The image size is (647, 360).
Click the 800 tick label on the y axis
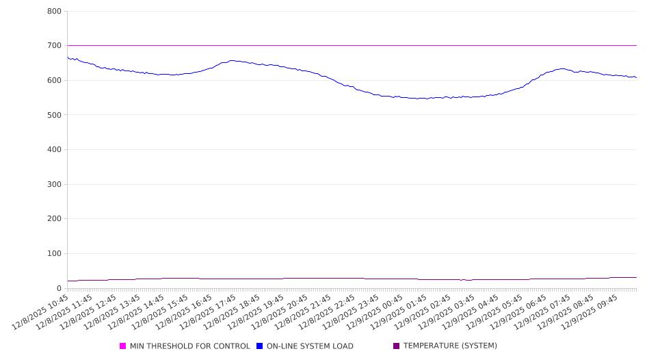55,12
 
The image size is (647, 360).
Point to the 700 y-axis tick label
55,46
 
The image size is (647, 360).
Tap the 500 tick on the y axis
55,115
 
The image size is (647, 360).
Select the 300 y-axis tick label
55,185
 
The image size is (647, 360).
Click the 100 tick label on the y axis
55,254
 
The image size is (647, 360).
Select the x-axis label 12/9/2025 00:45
373,312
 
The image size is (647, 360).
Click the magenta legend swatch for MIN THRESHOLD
123,346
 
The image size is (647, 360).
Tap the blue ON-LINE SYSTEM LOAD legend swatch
260,346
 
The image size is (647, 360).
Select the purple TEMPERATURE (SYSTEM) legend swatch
397,346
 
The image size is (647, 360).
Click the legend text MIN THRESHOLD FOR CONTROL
189,346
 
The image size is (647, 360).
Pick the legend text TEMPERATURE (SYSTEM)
449,346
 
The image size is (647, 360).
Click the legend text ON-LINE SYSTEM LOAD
309,346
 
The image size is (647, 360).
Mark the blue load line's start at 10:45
68,57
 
